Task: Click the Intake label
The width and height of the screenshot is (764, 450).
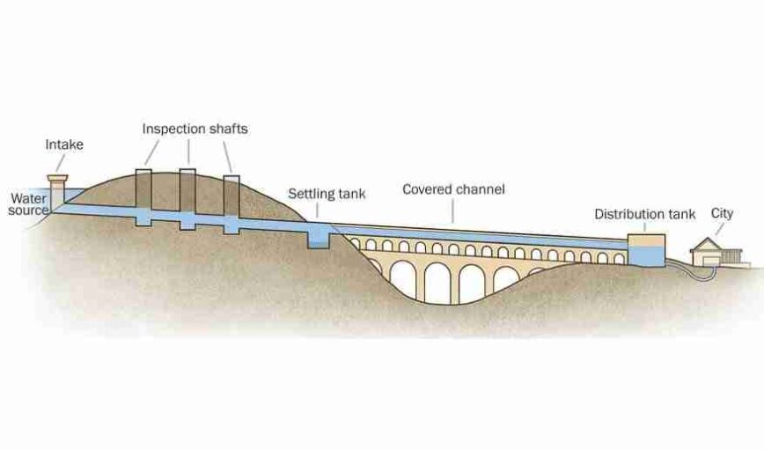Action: pos(64,144)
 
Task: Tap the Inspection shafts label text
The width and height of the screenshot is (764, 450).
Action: pos(195,129)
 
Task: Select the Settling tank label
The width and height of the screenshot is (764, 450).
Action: pos(327,193)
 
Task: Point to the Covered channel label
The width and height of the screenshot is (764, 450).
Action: pos(453,189)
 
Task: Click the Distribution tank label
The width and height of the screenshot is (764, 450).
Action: pos(644,214)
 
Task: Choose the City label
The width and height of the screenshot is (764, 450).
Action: pos(722,213)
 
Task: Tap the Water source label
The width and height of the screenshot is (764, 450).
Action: pos(29,204)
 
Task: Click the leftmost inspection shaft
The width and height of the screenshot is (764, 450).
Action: pos(143,193)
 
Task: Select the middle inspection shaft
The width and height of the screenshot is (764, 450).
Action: pos(187,194)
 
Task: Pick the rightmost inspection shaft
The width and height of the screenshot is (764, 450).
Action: pos(231,197)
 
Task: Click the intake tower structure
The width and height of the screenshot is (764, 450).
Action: pos(58,193)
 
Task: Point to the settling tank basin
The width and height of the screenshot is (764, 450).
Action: pos(318,236)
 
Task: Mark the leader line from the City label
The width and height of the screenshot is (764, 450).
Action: pos(719,228)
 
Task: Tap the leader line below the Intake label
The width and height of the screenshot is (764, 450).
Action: pos(61,163)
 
